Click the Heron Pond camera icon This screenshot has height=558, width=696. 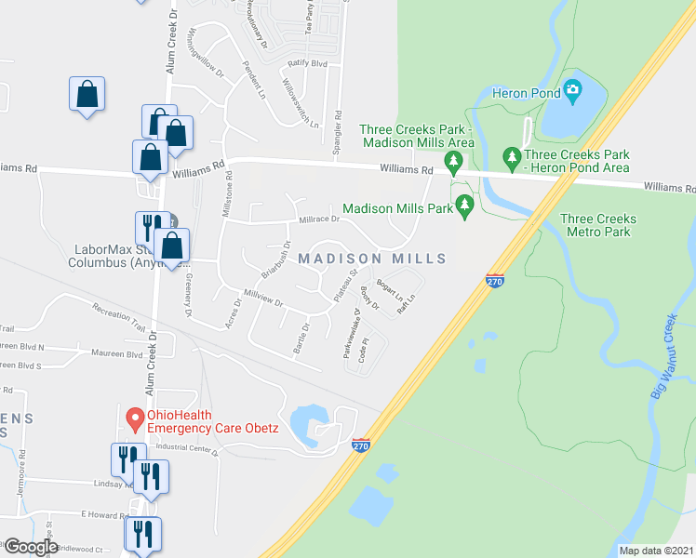pos(572,91)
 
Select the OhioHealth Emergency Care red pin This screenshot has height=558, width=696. pos(134,420)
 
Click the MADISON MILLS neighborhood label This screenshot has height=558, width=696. pos(372,259)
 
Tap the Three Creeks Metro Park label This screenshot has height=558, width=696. pos(598,227)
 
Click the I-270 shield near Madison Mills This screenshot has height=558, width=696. pos(495,279)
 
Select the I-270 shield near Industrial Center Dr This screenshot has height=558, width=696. pos(363,445)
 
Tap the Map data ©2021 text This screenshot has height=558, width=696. pos(657,551)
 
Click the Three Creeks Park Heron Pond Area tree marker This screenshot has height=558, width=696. pos(510,155)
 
